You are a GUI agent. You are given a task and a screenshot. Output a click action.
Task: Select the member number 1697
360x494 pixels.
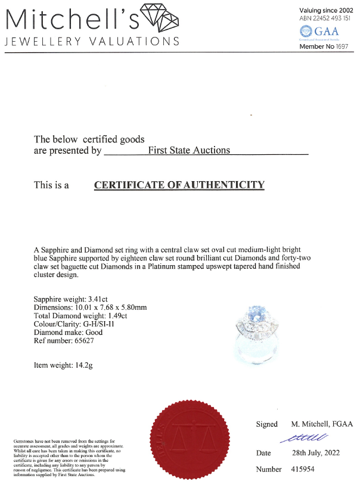pyautogui.click(x=343, y=46)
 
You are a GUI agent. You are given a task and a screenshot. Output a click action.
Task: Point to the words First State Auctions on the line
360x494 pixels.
pyautogui.click(x=188, y=151)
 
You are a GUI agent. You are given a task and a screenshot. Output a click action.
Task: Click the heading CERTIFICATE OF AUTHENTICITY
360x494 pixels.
pyautogui.click(x=179, y=185)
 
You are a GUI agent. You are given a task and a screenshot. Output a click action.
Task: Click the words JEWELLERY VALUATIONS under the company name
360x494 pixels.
pyautogui.click(x=92, y=41)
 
